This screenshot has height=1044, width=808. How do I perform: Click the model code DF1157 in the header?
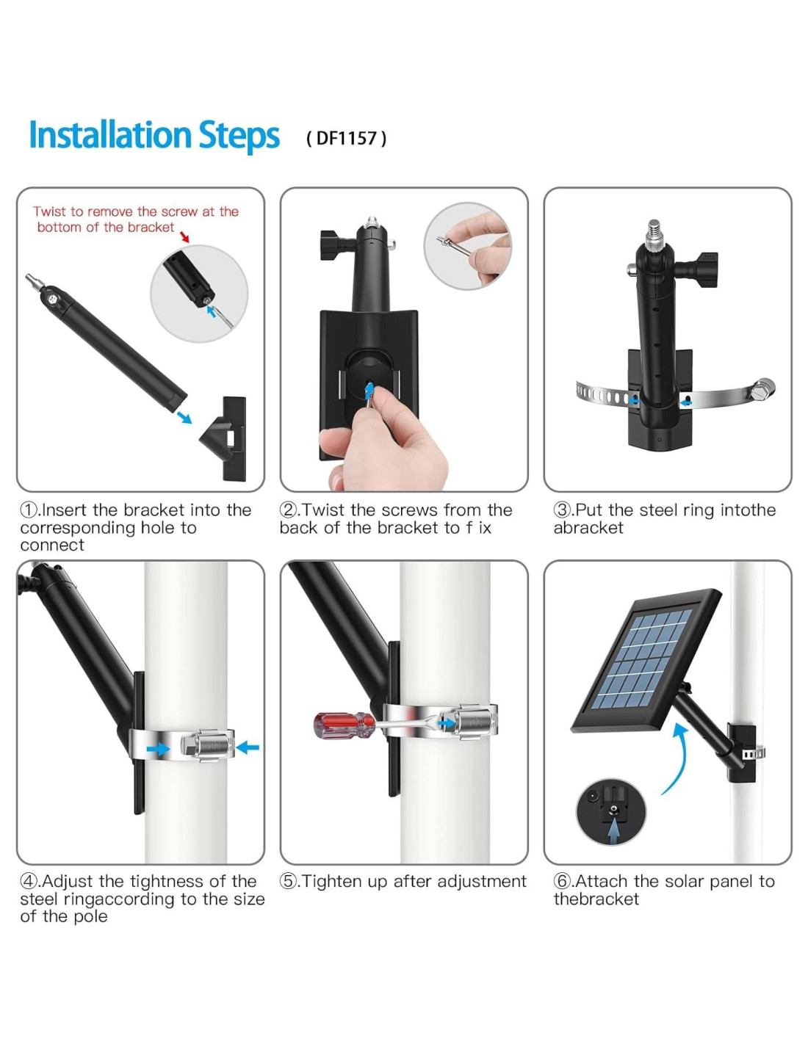[346, 138]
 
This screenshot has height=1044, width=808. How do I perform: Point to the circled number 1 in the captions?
[28, 510]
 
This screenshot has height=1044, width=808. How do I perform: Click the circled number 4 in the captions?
[28, 882]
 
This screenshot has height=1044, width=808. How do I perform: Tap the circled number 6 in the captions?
[561, 882]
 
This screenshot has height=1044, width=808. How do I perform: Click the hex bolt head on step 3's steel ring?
[764, 387]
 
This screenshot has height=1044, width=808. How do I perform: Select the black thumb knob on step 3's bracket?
[699, 265]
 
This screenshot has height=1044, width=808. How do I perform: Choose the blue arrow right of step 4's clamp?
[248, 747]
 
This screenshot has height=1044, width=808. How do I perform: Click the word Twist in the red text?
[50, 211]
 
